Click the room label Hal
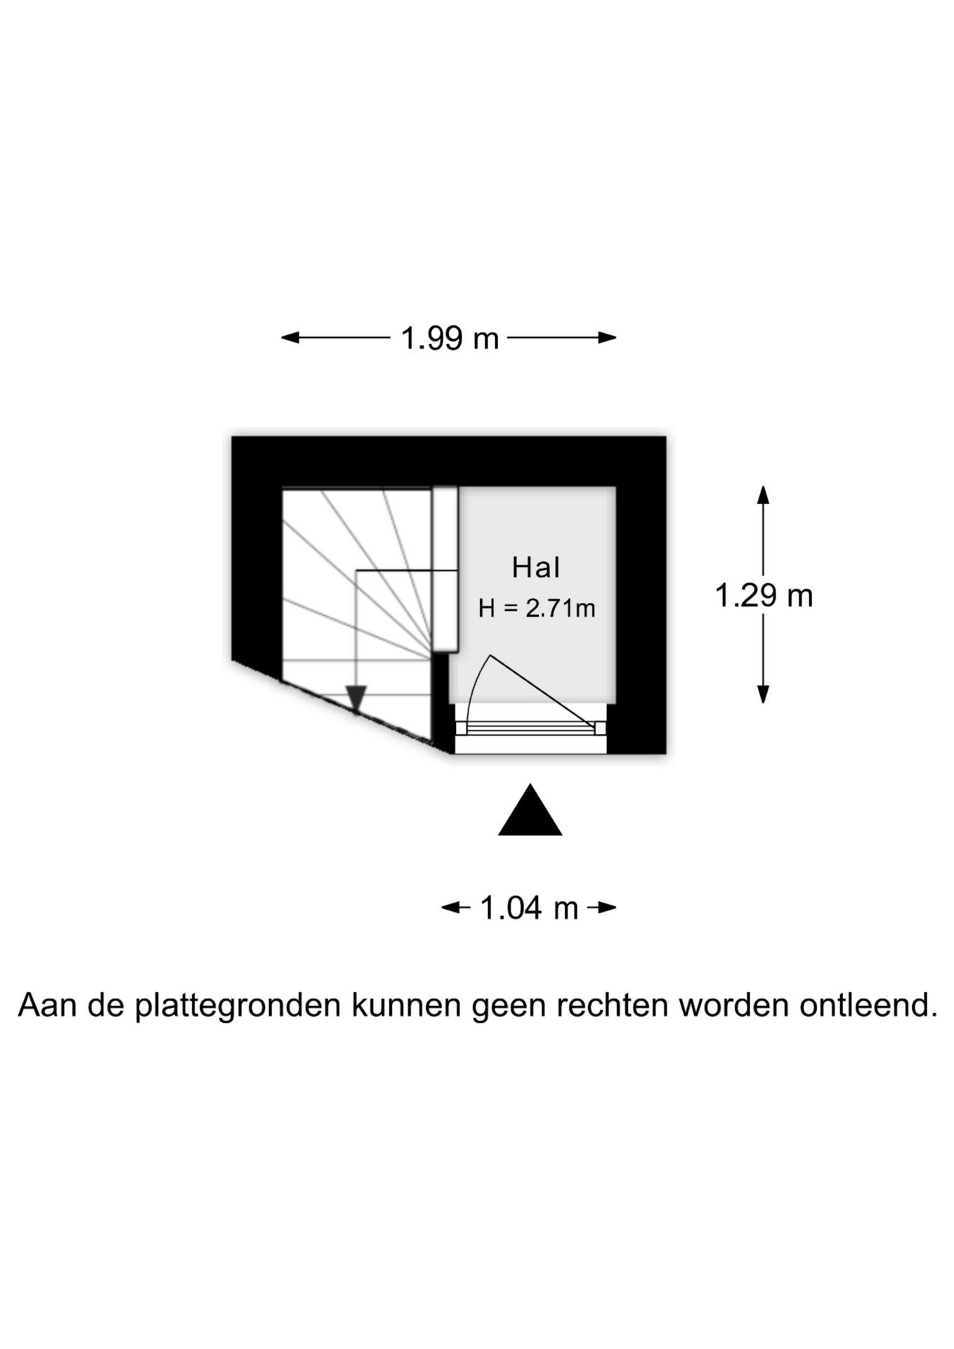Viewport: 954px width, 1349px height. click(x=535, y=568)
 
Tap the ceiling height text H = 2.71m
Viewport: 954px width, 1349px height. click(x=537, y=608)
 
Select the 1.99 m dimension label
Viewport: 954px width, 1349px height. click(x=450, y=339)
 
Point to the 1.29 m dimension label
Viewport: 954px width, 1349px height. click(x=764, y=597)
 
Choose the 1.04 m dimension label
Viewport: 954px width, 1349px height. click(x=529, y=908)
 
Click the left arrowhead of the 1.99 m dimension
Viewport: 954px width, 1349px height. click(x=290, y=338)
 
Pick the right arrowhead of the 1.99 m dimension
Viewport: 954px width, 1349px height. click(x=607, y=338)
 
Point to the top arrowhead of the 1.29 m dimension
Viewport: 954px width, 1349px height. click(x=763, y=495)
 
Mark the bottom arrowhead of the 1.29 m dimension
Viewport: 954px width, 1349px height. click(x=763, y=694)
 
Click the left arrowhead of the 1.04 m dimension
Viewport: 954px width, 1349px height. click(x=450, y=908)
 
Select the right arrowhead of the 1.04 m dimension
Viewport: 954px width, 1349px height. click(x=608, y=908)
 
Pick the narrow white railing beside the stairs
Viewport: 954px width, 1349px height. click(x=445, y=569)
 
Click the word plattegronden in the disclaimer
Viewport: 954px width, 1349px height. click(x=237, y=1006)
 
